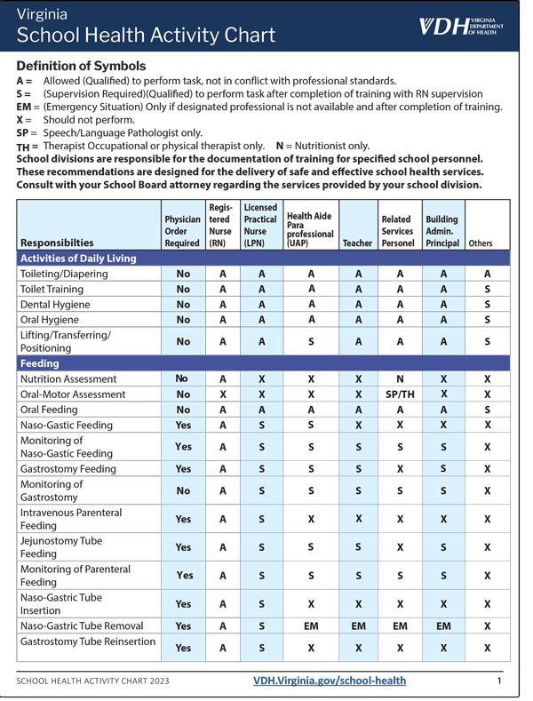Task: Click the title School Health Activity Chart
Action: coord(147,36)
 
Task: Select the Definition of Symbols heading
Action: coord(81,67)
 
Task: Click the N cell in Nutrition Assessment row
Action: coord(398,379)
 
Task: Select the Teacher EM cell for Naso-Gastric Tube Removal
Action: coord(357,626)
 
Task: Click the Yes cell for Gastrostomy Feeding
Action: coord(183,468)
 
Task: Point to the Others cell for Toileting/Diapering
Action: coord(487,274)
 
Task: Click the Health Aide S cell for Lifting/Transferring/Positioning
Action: coord(311,341)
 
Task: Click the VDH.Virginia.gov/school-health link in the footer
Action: coord(329,681)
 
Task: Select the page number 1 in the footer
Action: coord(499,681)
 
